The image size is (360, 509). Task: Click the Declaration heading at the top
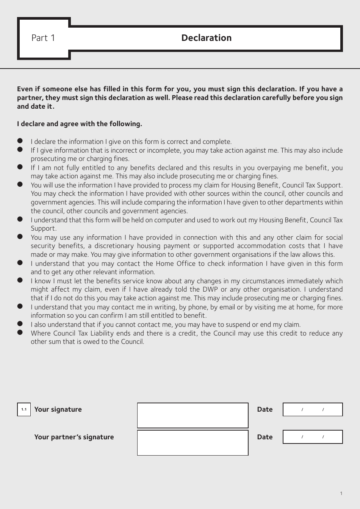click(206, 38)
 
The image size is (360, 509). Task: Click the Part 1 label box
click(43, 38)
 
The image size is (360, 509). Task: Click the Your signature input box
click(193, 415)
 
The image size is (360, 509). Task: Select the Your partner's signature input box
click(193, 442)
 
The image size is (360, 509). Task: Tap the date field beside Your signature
click(313, 409)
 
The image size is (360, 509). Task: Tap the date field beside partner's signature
click(313, 437)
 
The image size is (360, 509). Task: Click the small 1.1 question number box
click(24, 409)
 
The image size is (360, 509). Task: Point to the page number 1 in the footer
click(341, 493)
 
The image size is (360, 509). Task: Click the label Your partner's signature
click(74, 437)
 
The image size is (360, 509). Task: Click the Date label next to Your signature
click(265, 409)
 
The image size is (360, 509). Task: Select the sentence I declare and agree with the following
click(80, 124)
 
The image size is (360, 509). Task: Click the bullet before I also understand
click(20, 324)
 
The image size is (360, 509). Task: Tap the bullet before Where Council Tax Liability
click(20, 333)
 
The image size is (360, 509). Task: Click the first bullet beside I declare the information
click(20, 141)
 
